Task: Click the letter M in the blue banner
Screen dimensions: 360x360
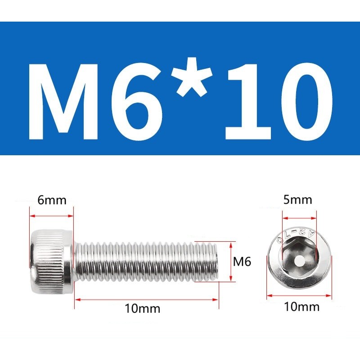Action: tap(63, 102)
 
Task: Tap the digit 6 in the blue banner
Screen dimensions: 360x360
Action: tap(137, 102)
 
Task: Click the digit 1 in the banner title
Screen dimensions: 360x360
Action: tap(249, 102)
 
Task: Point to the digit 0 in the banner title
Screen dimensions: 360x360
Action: tap(308, 102)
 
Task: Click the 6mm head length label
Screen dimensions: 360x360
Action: tap(52, 200)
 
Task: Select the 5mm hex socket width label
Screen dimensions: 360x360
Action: tap(297, 200)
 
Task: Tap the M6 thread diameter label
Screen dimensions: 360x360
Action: tap(242, 261)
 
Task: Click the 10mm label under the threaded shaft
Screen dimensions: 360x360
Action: tap(142, 309)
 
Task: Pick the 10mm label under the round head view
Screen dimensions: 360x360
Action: tap(301, 307)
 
